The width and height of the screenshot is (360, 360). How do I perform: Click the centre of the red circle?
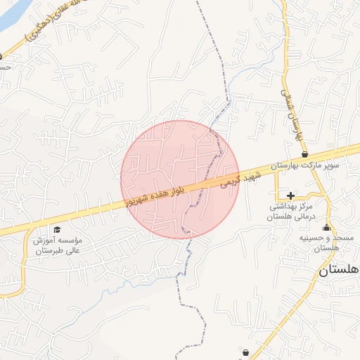[180, 179]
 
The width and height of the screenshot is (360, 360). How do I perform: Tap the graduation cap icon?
[57, 229]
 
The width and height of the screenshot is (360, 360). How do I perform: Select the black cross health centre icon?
[290, 195]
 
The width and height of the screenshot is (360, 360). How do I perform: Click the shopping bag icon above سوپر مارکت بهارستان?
[304, 154]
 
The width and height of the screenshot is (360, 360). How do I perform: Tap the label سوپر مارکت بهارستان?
[309, 165]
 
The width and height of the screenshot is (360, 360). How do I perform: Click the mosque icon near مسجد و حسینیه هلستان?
[326, 227]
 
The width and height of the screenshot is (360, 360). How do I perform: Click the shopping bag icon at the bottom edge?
[245, 352]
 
